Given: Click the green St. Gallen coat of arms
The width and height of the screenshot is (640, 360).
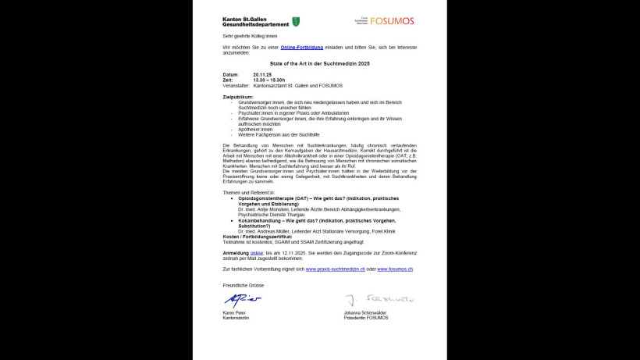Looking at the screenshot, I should click(296, 21).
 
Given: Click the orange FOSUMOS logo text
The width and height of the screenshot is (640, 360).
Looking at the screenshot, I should click(393, 21).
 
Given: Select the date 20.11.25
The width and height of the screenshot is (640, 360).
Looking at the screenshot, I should click(261, 74).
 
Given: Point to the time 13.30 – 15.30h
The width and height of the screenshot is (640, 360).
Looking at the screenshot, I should click(268, 80).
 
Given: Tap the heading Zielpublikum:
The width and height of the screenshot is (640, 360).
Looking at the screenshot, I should click(238, 97).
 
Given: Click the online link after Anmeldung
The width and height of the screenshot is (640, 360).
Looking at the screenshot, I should click(257, 253).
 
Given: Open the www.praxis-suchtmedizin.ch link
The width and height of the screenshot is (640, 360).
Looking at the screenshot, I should click(335, 269).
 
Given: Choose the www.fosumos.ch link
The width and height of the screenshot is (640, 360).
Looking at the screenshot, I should click(395, 269).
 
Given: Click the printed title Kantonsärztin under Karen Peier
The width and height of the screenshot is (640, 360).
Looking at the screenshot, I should click(236, 318).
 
